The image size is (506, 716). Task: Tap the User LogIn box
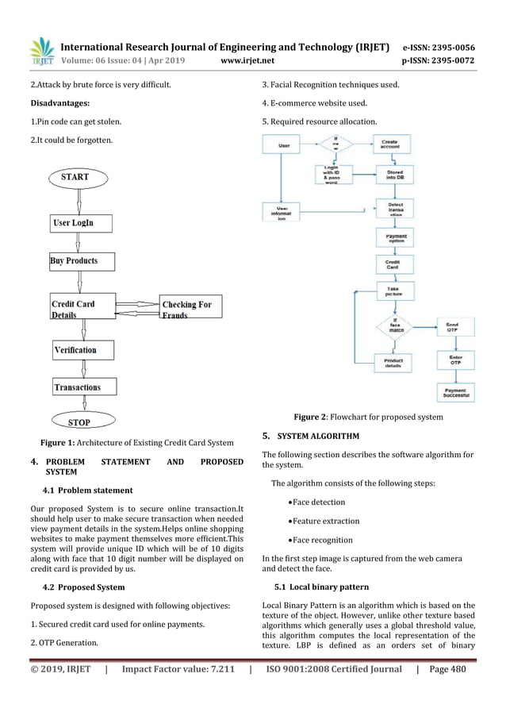[x=82, y=223]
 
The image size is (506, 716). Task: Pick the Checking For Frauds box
[x=191, y=308]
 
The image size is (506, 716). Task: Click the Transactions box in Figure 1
[x=82, y=387]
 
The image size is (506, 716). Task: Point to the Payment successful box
[x=455, y=393]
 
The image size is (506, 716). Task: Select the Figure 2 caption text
[x=368, y=417]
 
